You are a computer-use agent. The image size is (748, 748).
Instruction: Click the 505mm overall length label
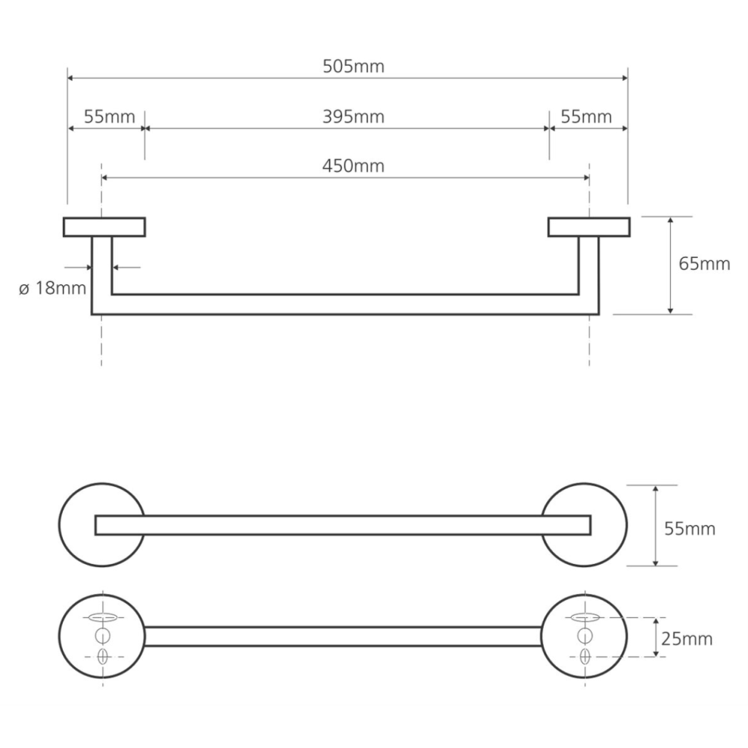pos(354,67)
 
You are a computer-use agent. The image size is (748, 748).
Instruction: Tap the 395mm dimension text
pos(354,117)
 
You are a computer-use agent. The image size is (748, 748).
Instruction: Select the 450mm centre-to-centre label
pos(354,166)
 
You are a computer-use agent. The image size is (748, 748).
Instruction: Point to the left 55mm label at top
pos(110,117)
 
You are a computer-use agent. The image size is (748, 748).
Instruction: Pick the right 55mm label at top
pos(586,117)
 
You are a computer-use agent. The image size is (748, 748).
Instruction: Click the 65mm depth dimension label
pos(704,264)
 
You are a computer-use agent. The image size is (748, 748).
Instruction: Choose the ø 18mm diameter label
pos(52,288)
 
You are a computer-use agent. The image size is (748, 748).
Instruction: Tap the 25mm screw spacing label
pos(687,639)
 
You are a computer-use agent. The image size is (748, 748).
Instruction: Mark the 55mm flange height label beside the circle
pos(690,529)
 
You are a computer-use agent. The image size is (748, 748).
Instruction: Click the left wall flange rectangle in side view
pos(105,227)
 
